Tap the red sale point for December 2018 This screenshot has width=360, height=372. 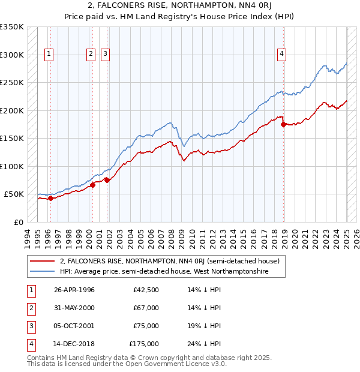click(284, 124)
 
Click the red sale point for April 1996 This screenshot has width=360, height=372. click(50, 198)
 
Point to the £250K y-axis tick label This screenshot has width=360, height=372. click(12, 82)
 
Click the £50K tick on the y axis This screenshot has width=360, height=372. click(14, 194)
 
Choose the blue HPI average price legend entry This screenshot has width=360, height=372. click(164, 272)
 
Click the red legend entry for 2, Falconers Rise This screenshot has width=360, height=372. click(170, 262)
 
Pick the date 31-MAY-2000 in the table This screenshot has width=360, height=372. click(74, 308)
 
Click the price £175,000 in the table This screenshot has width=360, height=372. click(144, 344)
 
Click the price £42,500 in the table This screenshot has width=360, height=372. click(146, 290)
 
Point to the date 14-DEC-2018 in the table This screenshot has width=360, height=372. click(74, 344)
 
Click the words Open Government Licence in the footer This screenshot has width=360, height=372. click(167, 364)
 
